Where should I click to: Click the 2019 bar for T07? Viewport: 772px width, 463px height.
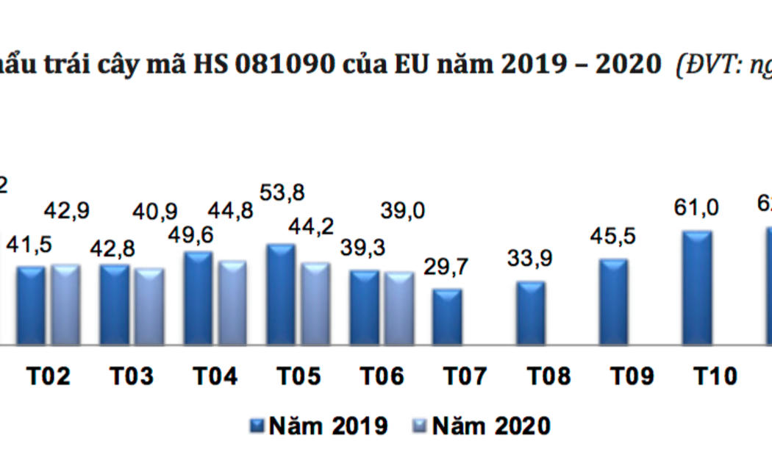446,316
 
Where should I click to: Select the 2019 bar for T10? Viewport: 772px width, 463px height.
697,287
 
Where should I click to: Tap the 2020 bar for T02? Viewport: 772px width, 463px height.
65,304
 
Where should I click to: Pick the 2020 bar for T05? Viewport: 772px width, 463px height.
315,304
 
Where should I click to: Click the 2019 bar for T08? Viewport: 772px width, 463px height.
530,312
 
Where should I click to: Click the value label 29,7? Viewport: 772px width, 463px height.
448,269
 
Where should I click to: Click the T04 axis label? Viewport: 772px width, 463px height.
215,377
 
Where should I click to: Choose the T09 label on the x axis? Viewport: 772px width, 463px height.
634,377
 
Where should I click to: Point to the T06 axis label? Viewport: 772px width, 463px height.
382,377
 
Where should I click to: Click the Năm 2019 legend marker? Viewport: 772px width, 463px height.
257,425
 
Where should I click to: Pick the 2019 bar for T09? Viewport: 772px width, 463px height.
613,301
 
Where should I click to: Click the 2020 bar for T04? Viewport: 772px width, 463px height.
232,302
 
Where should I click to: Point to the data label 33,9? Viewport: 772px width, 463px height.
530,259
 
